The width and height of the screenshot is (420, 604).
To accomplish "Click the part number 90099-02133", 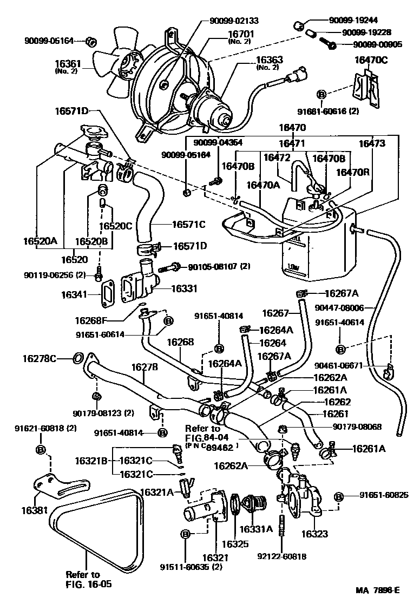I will (x=234, y=21).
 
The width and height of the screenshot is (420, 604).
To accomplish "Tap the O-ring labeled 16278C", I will (x=77, y=358).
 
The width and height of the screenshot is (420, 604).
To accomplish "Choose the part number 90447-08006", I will (x=347, y=308).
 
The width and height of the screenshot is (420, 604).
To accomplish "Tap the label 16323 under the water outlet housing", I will (x=314, y=534).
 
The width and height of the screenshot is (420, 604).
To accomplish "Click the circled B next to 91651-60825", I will (x=339, y=496).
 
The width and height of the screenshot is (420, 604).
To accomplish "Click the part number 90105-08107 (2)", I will (x=219, y=267).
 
